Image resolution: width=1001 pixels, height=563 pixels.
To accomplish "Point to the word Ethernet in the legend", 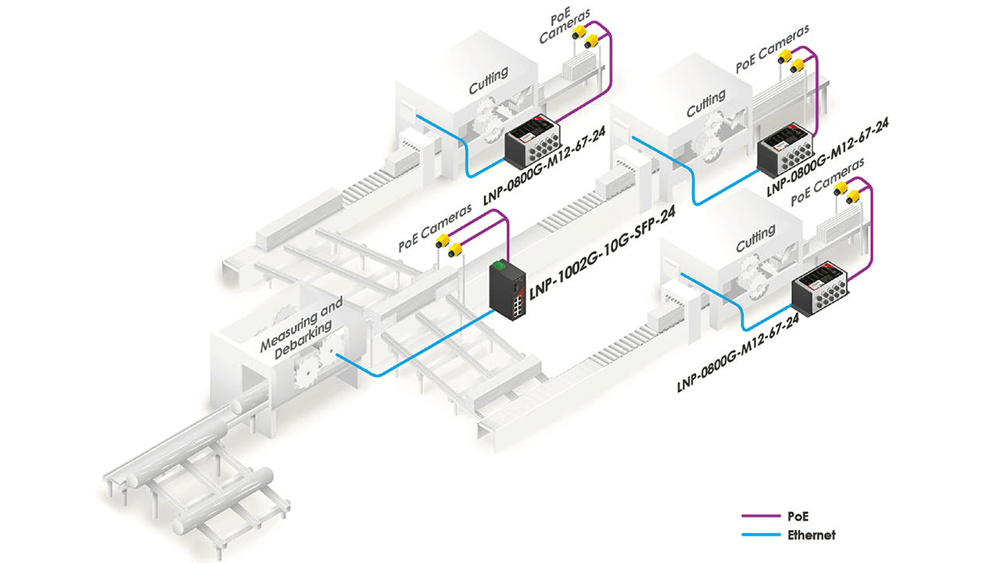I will coord(813,536).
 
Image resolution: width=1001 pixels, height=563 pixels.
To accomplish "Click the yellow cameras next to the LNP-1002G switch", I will coord(449,245).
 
